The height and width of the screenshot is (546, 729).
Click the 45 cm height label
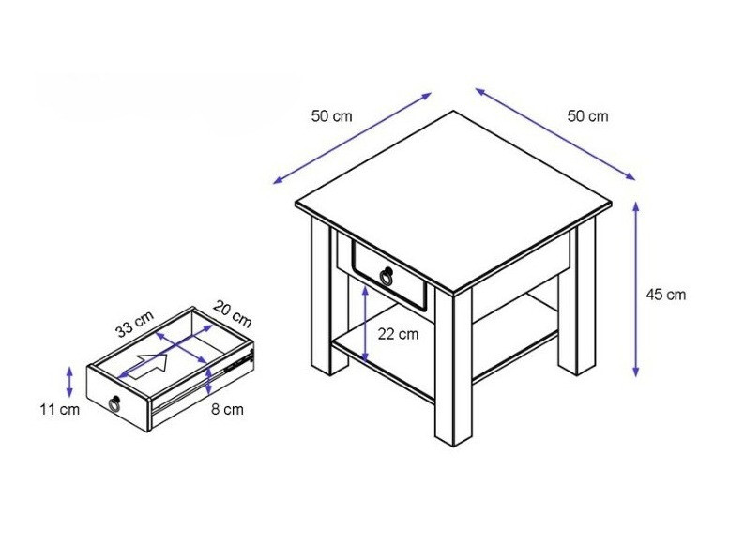coord(666,295)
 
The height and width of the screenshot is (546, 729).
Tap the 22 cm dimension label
coord(398,334)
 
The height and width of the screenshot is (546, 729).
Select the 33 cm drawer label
coord(135,324)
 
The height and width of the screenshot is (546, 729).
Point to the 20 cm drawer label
coord(233,314)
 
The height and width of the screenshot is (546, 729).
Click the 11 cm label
coord(59,410)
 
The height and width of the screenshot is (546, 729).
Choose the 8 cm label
coord(227,409)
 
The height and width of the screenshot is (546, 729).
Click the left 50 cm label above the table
coord(332,115)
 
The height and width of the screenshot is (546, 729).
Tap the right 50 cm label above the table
coord(587,115)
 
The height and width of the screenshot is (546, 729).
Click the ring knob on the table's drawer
coord(387,277)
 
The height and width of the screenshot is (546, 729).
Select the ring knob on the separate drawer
coord(114,402)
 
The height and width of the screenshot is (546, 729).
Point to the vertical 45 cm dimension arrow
coord(636,289)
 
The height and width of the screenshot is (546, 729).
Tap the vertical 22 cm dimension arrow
coord(365,325)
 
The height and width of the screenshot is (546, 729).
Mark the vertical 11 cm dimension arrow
coord(69,382)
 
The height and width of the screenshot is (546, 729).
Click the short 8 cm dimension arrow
coord(208,381)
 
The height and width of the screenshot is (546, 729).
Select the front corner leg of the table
coord(453,368)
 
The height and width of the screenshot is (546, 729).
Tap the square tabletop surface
coord(453,203)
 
